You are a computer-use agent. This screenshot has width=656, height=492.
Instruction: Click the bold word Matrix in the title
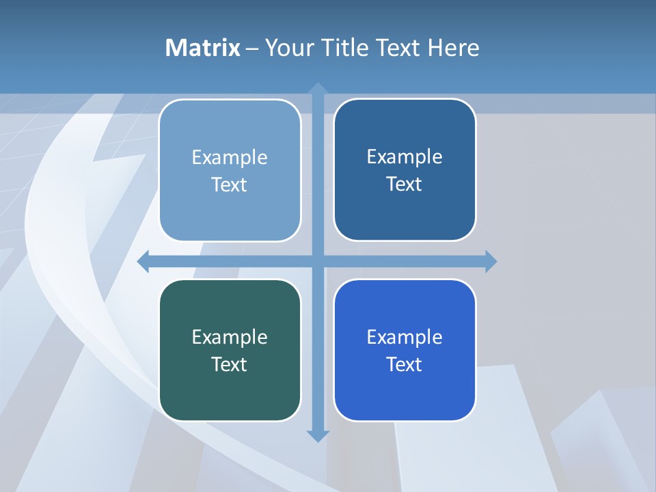[203, 48]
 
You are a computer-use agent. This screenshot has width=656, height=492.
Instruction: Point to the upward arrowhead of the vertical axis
[318, 88]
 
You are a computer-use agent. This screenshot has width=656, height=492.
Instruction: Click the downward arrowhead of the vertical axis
[318, 435]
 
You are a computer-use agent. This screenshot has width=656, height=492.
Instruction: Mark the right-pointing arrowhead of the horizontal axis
[491, 261]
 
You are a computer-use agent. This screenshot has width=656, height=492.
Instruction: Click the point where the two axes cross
[318, 261]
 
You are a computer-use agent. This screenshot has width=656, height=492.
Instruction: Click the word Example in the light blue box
[230, 158]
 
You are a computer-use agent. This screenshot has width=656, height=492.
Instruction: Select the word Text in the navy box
[405, 184]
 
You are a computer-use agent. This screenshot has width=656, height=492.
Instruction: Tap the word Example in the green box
[230, 337]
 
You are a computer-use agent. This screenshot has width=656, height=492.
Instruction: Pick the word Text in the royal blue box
[405, 364]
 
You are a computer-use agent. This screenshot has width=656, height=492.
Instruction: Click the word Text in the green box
[230, 364]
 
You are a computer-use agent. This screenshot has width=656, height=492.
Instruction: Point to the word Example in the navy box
[405, 157]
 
